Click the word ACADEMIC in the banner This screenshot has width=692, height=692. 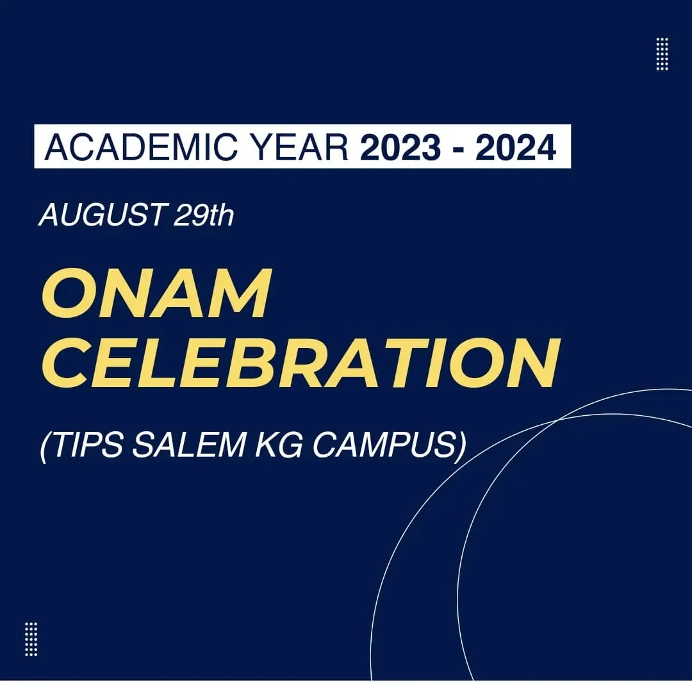tap(141, 147)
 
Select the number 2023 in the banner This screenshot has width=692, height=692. tap(400, 147)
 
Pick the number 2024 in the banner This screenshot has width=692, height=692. tap(515, 147)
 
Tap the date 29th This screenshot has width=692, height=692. tap(204, 215)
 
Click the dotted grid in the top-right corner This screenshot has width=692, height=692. tap(662, 54)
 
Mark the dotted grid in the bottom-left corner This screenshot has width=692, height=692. tap(31, 639)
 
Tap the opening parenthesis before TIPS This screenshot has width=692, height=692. tap(44, 446)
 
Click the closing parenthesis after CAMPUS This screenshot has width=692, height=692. tap(461, 446)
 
